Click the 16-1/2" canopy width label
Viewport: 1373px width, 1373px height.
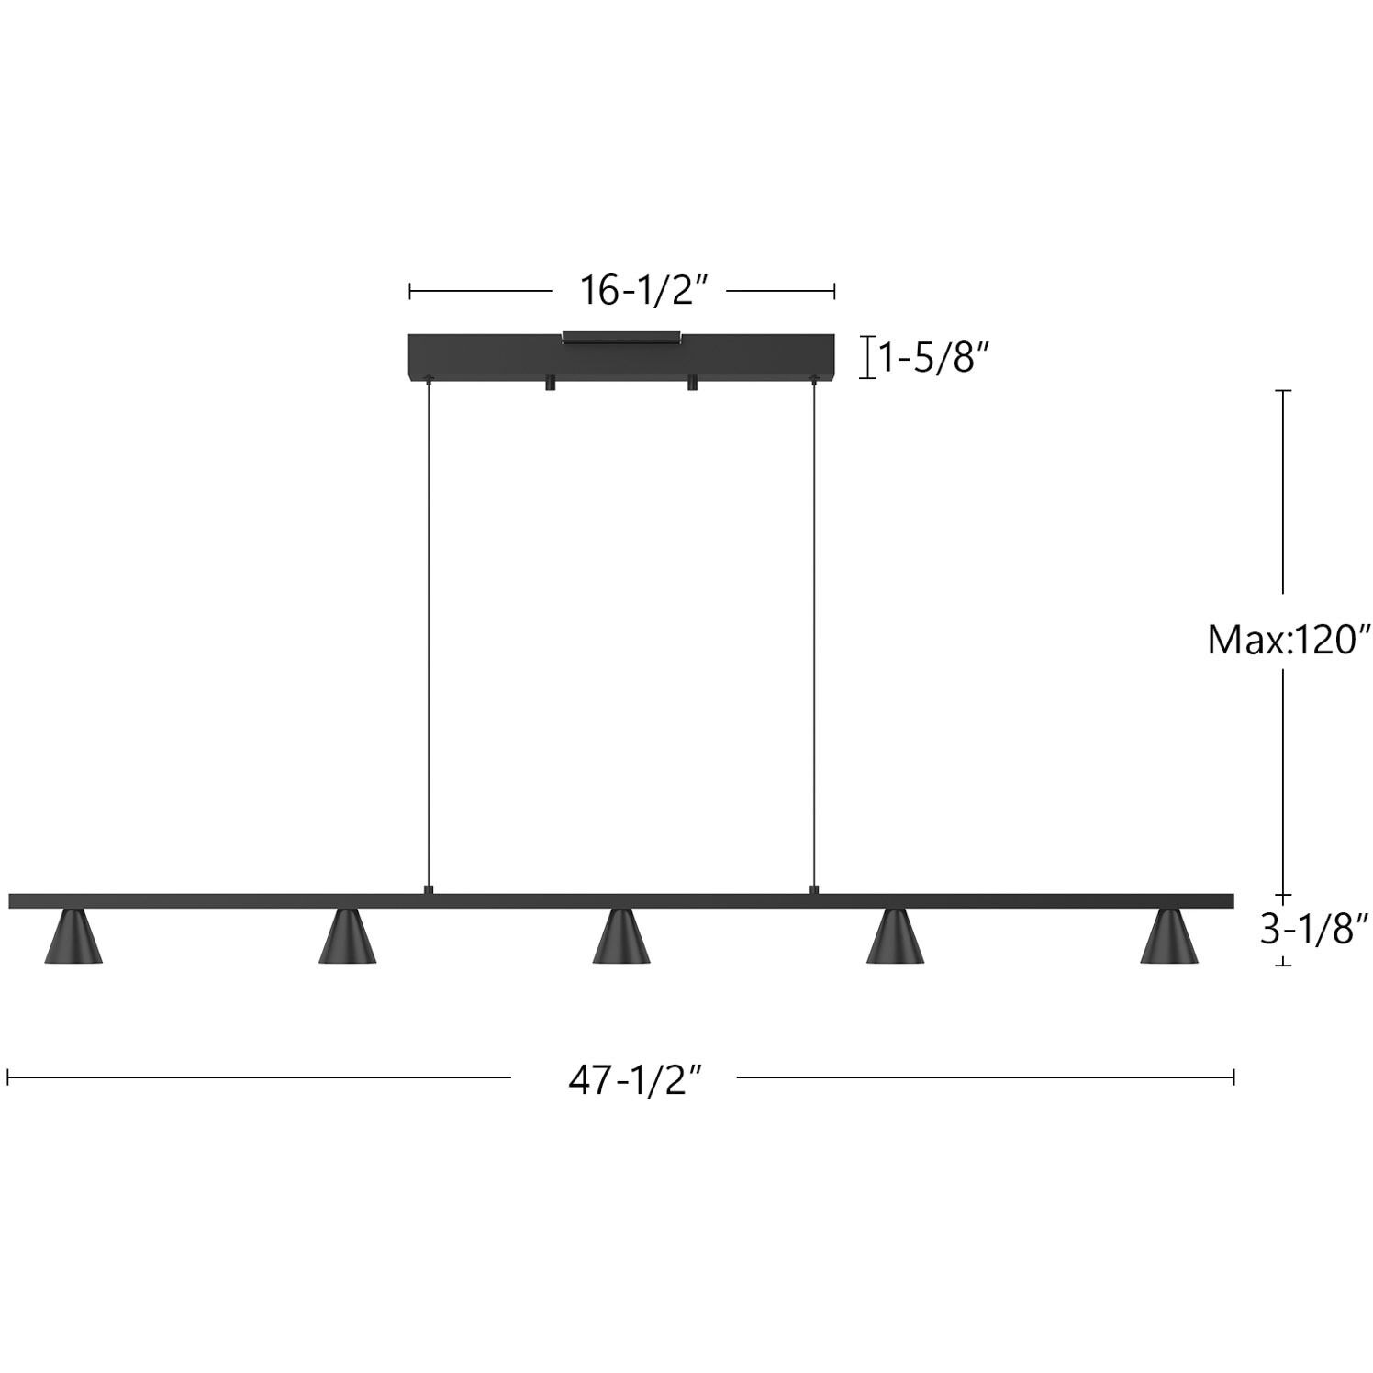click(644, 291)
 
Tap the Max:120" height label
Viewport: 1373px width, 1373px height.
click(1288, 640)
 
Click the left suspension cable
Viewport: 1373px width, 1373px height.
click(428, 633)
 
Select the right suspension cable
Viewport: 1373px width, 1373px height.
click(813, 633)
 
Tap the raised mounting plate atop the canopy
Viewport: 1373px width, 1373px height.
click(621, 337)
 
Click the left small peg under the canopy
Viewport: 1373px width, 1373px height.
click(551, 384)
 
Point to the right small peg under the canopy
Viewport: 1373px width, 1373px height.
click(692, 384)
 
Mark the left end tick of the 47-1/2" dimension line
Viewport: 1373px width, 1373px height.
click(8, 1077)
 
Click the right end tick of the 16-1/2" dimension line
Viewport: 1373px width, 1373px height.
click(833, 291)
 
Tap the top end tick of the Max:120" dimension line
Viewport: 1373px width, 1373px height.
click(1284, 391)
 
